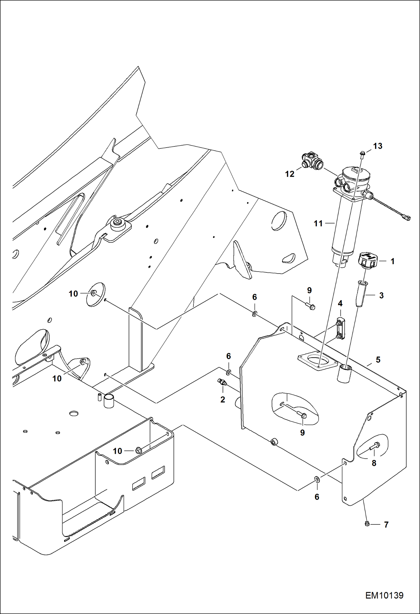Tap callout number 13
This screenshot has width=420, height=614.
377,146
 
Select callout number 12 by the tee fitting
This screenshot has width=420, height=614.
290,174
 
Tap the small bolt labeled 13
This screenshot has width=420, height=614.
362,154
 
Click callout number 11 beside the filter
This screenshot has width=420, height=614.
318,223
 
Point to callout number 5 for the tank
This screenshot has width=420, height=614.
378,360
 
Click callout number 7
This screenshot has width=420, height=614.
386,524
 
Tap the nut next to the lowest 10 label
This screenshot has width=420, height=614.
138,450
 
